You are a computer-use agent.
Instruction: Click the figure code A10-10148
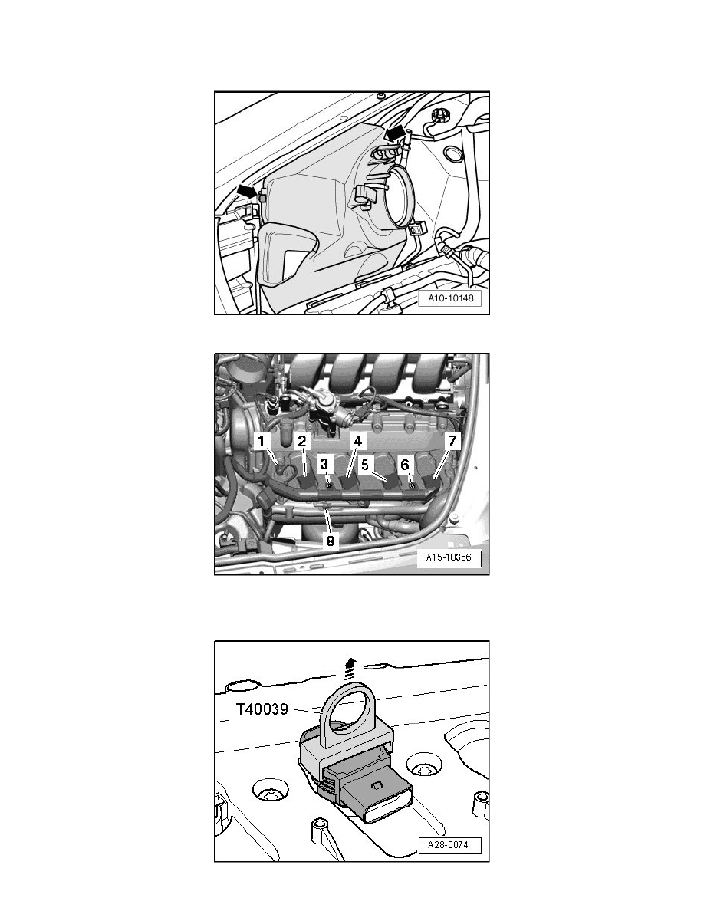[x=451, y=298]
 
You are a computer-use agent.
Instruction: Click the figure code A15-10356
[x=449, y=558]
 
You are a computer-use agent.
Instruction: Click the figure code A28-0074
[x=448, y=845]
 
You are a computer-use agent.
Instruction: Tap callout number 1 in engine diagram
[x=262, y=441]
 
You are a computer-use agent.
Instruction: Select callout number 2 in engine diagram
[x=302, y=441]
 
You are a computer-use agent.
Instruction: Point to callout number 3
[x=324, y=464]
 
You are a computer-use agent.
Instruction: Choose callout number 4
[x=358, y=441]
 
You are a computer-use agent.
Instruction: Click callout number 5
[x=365, y=465]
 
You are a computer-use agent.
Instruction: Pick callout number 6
[x=405, y=464]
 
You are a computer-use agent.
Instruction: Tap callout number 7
[x=452, y=441]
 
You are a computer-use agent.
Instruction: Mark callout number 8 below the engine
[x=330, y=541]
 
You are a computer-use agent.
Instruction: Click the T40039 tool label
[x=262, y=709]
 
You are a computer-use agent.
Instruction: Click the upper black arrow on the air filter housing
[x=394, y=133]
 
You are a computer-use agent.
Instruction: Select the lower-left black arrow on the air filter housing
[x=247, y=190]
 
